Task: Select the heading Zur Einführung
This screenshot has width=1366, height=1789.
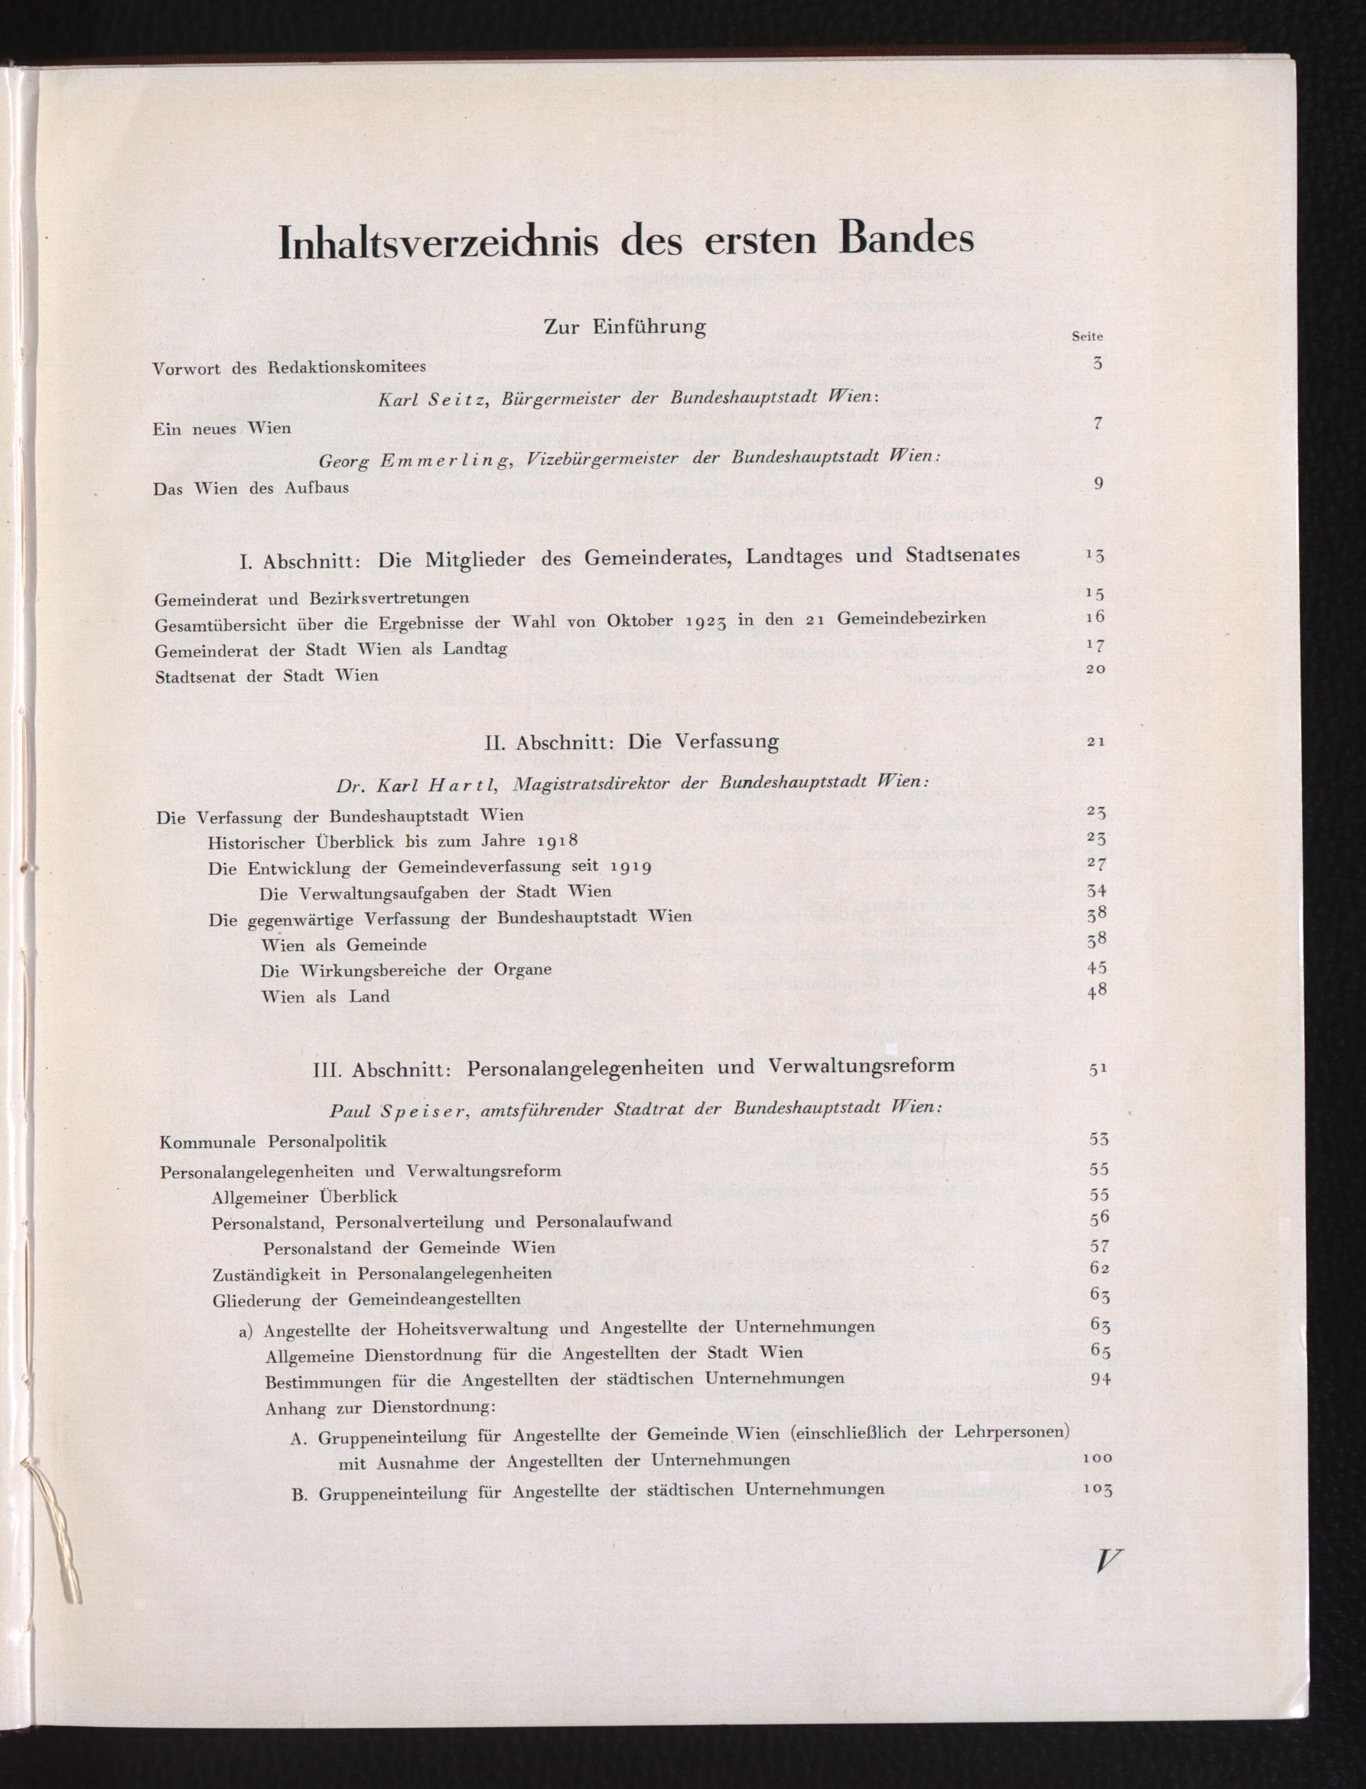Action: pos(624,327)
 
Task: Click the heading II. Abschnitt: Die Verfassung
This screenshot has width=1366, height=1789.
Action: pos(631,741)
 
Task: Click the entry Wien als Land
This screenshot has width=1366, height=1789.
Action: pos(325,996)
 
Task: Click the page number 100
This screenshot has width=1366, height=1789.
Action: pos(1097,1457)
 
